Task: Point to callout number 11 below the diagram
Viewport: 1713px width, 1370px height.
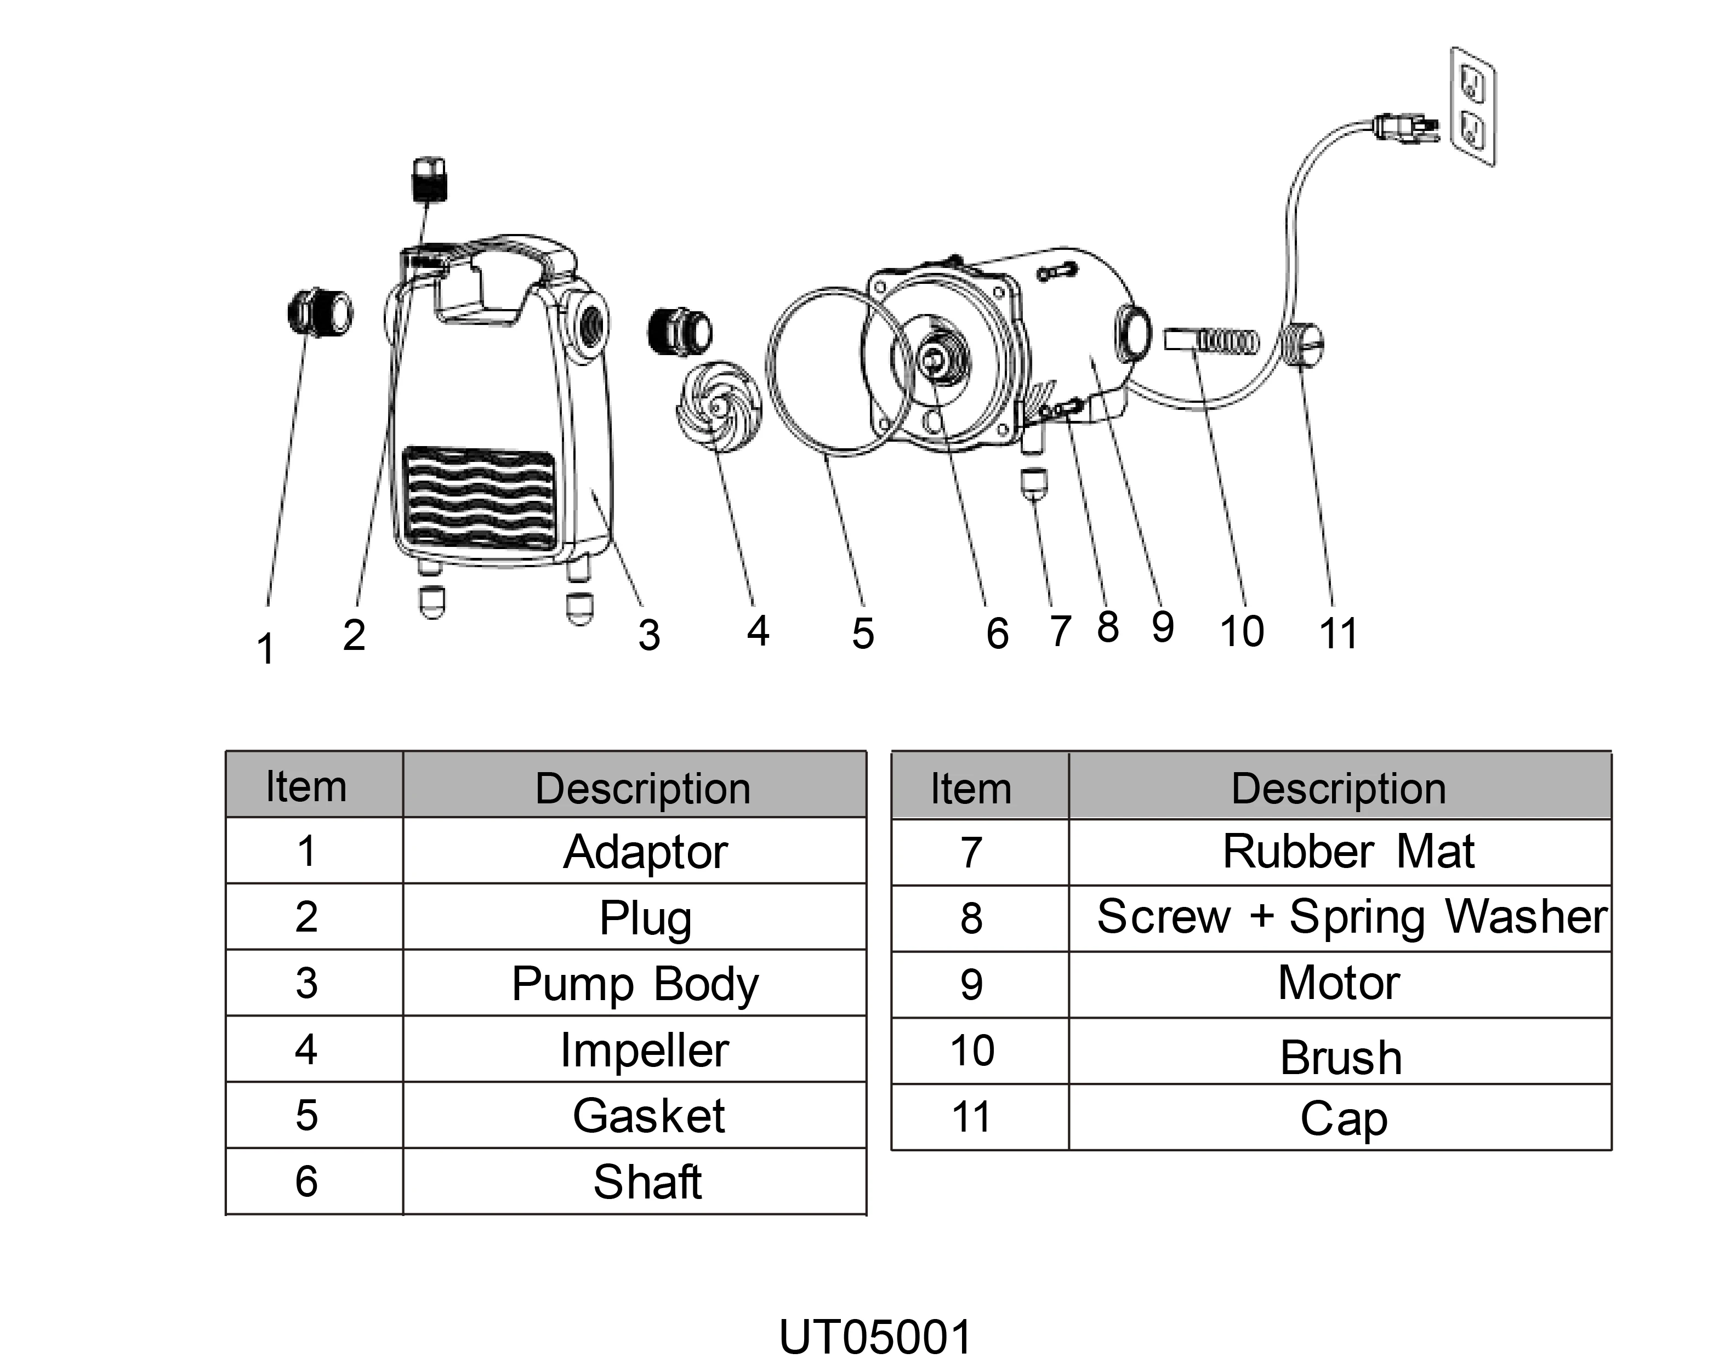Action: [x=1338, y=634]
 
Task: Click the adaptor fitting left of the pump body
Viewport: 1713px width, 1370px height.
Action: [x=320, y=313]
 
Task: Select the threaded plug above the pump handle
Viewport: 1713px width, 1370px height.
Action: [x=430, y=180]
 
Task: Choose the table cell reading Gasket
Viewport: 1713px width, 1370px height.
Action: [x=648, y=1116]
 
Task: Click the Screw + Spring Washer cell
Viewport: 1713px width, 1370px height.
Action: [x=1351, y=917]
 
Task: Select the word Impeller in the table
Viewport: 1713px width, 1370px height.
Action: [x=644, y=1050]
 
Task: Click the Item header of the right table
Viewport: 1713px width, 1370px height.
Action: [x=971, y=789]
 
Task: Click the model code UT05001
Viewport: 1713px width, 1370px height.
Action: [x=875, y=1338]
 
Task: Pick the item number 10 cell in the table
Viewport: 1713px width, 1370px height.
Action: [x=972, y=1051]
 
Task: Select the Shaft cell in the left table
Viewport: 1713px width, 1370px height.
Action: [x=647, y=1182]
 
